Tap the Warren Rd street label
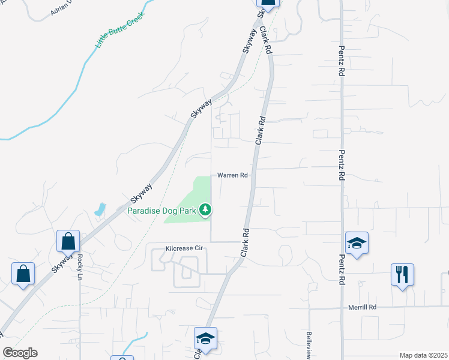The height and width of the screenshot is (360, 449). coord(232,176)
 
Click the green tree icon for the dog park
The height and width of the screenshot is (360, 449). coord(206,209)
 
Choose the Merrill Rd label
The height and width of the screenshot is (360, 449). coord(362,307)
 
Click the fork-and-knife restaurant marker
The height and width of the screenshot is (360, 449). coord(402,275)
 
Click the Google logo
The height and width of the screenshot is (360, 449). coord(20,353)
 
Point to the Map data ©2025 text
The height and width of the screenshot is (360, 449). coord(423,355)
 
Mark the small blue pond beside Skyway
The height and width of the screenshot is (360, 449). coord(99,210)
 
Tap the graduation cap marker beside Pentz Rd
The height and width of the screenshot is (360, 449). coord(357,243)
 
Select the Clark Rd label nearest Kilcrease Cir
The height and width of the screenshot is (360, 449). coord(245,242)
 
